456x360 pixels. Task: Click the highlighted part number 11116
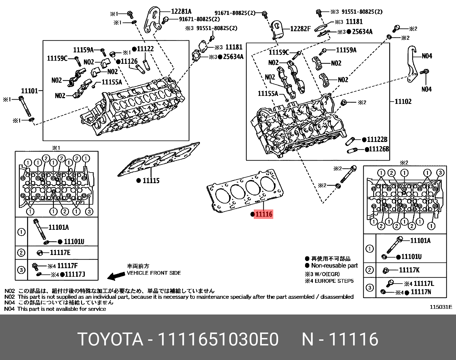[x=264, y=214]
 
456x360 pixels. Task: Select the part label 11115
[x=151, y=181]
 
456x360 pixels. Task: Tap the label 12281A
[x=181, y=11]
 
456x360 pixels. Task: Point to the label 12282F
[x=300, y=29]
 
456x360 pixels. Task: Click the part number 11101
[x=30, y=91]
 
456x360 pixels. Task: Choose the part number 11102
[x=403, y=101]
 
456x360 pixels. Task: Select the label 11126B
[x=379, y=149]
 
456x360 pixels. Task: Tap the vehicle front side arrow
[x=115, y=276]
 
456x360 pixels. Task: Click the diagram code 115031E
[x=441, y=307]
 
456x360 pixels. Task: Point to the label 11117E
[x=60, y=252]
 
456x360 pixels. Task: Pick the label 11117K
[x=409, y=270]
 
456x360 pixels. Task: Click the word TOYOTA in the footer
[x=110, y=340]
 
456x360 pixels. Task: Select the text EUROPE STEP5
[x=334, y=281]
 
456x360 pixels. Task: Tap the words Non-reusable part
[x=335, y=266]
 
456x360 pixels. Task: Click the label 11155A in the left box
[x=112, y=82]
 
